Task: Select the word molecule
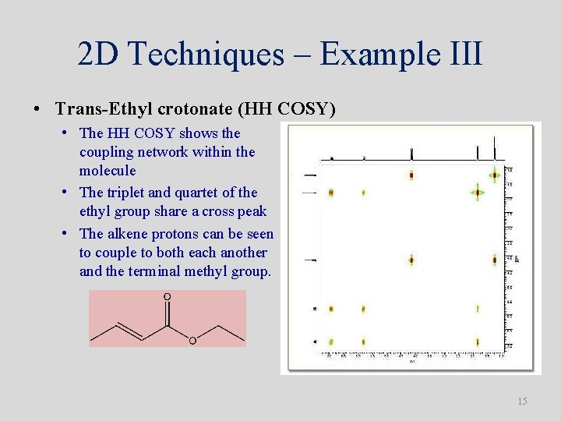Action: (x=108, y=171)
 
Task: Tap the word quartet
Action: (x=205, y=192)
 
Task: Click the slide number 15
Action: (x=522, y=402)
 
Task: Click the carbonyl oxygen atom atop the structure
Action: (x=167, y=298)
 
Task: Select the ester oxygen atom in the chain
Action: (x=192, y=340)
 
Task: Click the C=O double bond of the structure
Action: (x=167, y=313)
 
